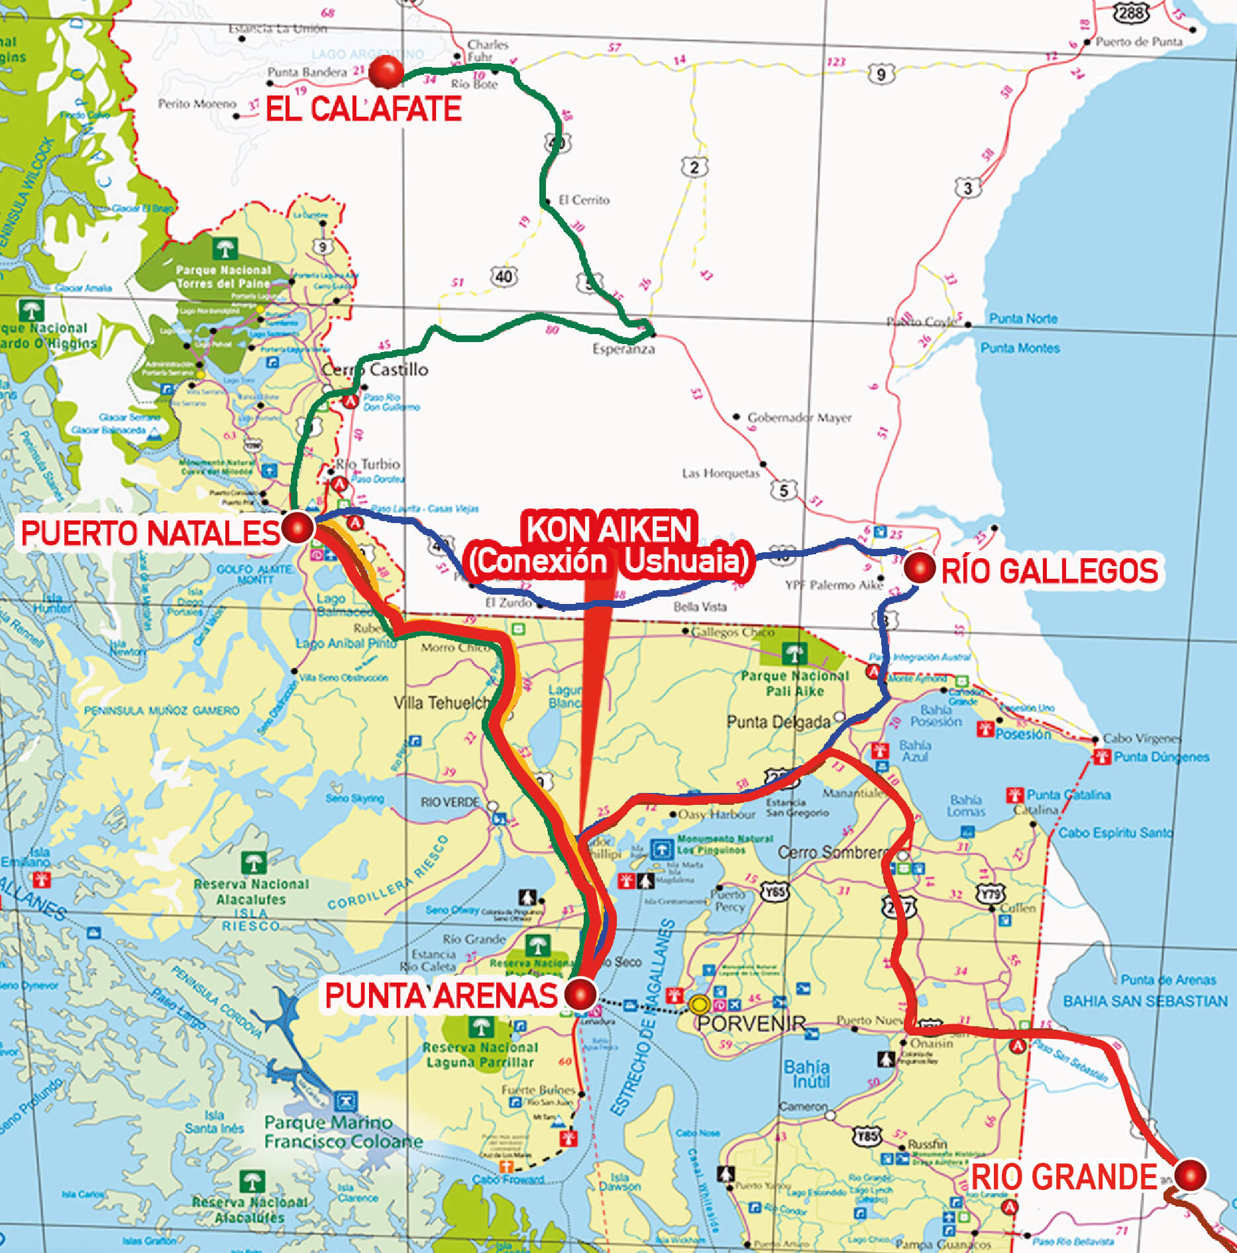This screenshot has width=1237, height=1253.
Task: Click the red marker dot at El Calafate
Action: point(386,72)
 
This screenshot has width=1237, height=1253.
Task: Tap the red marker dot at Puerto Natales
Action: point(297,528)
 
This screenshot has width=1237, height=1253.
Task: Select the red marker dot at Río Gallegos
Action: point(919,567)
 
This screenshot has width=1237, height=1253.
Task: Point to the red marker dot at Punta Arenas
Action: point(581,994)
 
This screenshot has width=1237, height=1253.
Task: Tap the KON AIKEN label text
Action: point(609,529)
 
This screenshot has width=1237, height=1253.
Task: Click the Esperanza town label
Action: point(623,349)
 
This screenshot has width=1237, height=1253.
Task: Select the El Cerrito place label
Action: point(583,200)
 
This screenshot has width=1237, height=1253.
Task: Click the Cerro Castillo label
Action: point(375,369)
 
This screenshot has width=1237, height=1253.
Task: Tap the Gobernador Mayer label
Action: point(799,418)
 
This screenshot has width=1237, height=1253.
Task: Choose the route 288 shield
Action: point(1130,12)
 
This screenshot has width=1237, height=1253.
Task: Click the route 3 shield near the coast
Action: point(967,188)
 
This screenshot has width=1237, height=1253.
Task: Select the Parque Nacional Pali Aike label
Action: point(794,684)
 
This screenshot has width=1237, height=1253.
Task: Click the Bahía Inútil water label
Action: point(806,1073)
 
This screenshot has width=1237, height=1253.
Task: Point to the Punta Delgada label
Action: point(779,721)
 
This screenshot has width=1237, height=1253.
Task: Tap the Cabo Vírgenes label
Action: point(1142,738)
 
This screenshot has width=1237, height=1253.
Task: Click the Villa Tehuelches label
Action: point(442,702)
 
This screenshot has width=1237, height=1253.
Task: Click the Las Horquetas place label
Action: point(720,473)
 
